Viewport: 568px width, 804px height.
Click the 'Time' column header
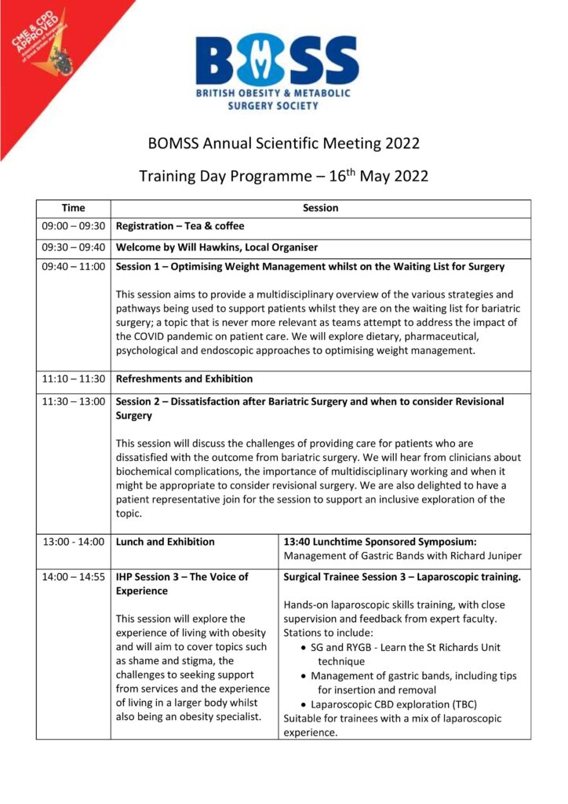[73, 208]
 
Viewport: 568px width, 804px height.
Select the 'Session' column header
[320, 208]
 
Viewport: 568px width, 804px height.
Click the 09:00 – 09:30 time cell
[73, 226]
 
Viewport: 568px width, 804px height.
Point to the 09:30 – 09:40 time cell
[73, 247]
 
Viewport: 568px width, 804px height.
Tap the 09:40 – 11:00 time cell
[73, 267]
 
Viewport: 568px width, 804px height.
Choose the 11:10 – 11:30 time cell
[73, 379]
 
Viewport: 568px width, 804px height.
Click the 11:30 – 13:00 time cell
[73, 401]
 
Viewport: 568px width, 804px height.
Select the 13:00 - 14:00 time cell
[73, 542]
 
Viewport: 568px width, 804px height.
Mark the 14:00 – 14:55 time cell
[73, 577]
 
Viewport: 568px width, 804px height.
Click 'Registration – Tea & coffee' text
[180, 226]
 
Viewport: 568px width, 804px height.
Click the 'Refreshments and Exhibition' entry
[184, 379]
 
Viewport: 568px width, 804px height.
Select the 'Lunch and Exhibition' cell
[166, 542]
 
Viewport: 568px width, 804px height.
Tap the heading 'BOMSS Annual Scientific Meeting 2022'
[284, 144]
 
